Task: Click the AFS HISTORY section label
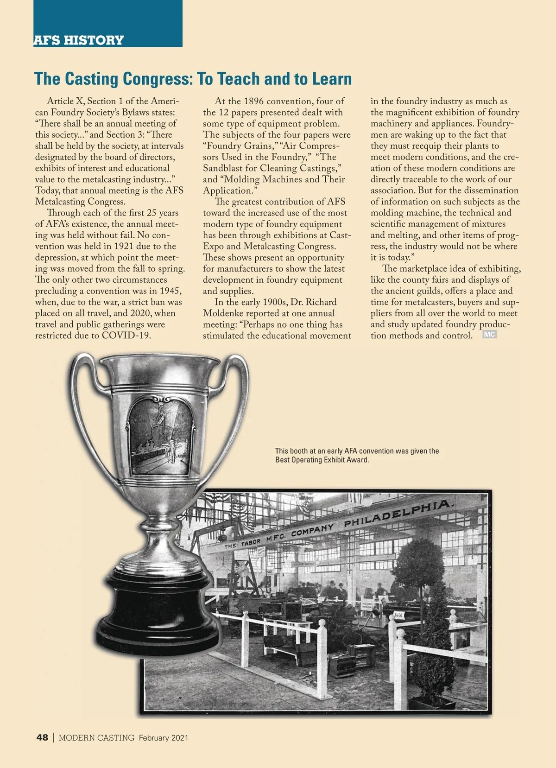click(x=79, y=40)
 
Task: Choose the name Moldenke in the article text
click(x=226, y=313)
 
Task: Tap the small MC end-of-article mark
click(x=489, y=335)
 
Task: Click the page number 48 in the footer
click(x=42, y=738)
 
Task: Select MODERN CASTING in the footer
click(x=96, y=738)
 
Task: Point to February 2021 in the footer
click(x=164, y=738)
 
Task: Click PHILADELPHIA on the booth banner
click(x=397, y=514)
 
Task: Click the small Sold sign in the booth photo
click(x=398, y=615)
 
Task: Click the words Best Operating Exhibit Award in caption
click(x=322, y=460)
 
